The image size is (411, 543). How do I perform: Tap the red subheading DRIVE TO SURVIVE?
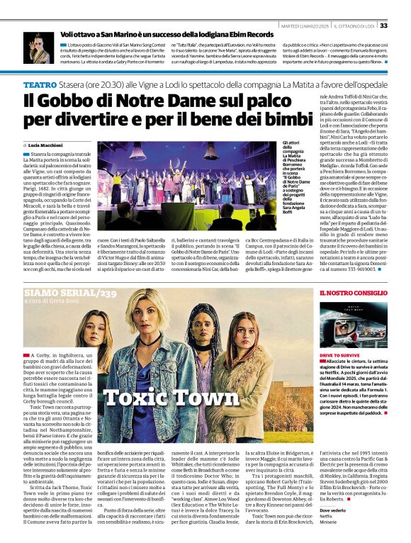coord(341,354)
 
